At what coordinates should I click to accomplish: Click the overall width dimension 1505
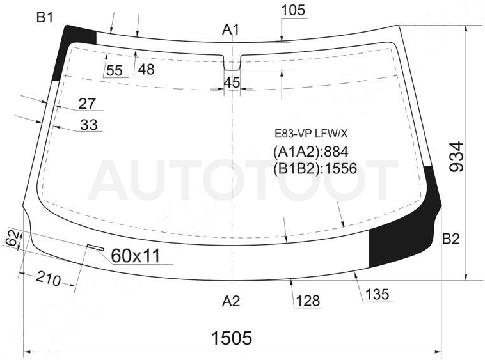(232, 338)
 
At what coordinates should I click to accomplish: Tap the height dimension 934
(456, 157)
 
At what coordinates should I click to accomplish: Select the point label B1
(45, 18)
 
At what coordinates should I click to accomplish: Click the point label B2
(450, 239)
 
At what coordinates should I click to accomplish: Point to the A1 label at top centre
(231, 29)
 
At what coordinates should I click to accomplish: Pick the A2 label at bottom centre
(231, 301)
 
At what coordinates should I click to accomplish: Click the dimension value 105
(293, 10)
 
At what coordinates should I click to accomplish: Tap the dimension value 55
(115, 71)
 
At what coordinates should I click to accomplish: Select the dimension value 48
(146, 69)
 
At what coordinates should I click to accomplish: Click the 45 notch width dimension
(232, 82)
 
